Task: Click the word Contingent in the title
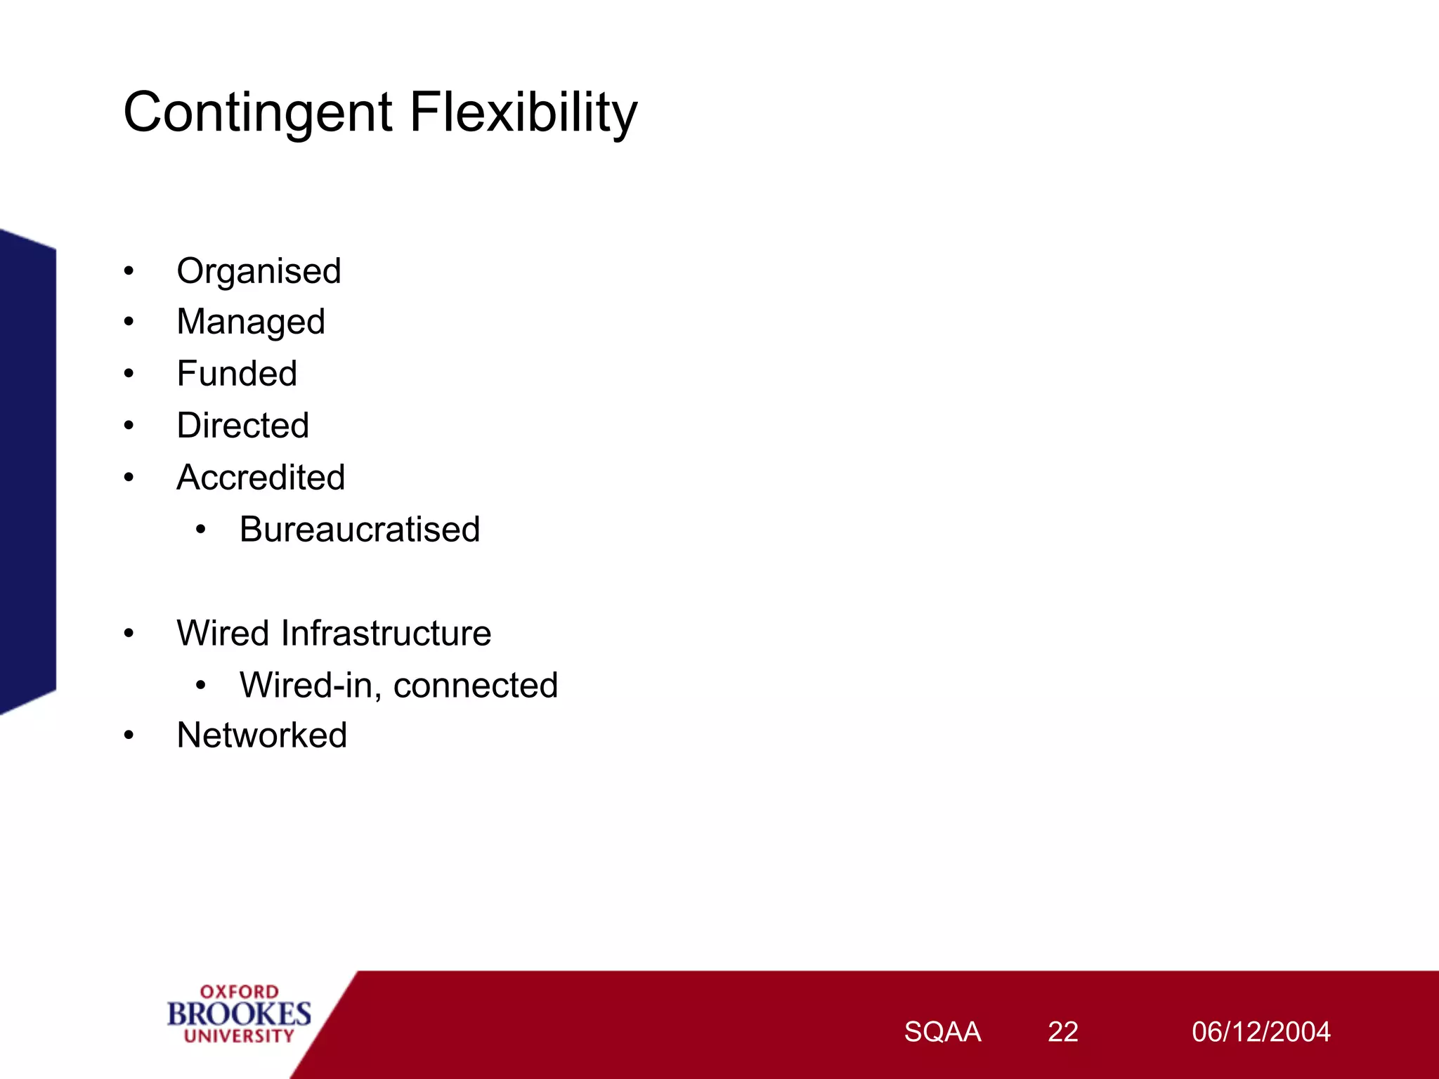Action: [257, 112]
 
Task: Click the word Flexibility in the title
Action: [523, 112]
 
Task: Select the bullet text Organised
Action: [259, 271]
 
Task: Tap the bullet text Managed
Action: [251, 322]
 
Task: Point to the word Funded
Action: [237, 374]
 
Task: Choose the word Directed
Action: [242, 426]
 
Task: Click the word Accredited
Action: [261, 478]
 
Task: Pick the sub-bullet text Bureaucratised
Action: [359, 530]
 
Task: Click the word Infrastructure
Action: [386, 633]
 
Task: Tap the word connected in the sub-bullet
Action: [476, 685]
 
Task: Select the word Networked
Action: [261, 735]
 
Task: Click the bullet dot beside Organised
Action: [129, 271]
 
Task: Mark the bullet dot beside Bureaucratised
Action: [201, 530]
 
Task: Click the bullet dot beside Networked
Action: [129, 735]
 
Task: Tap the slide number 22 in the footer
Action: [1062, 1032]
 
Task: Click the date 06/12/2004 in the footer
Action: [1261, 1032]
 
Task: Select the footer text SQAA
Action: [942, 1032]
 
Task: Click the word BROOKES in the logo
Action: [239, 1014]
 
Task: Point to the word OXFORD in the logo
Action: [239, 992]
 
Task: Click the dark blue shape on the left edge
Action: [27, 471]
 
